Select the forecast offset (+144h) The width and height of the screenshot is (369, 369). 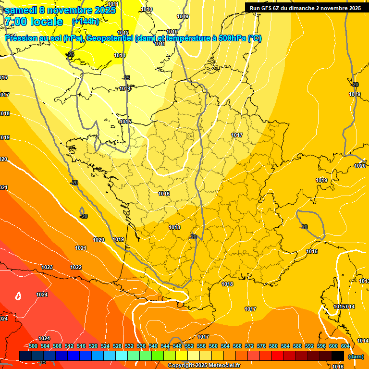pyautogui.click(x=85, y=22)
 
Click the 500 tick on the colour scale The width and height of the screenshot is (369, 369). pyautogui.click(x=33, y=346)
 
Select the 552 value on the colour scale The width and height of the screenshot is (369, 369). pyautogui.click(x=189, y=346)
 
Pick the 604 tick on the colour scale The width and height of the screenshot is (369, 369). pyautogui.click(x=345, y=346)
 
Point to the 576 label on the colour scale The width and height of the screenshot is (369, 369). pyautogui.click(x=261, y=346)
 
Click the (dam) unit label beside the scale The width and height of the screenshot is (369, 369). pyautogui.click(x=356, y=357)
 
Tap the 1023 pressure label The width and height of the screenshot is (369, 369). pyautogui.click(x=47, y=267)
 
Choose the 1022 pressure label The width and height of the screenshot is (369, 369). pyautogui.click(x=76, y=267)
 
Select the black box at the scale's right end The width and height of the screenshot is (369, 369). pyautogui.click(x=338, y=356)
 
